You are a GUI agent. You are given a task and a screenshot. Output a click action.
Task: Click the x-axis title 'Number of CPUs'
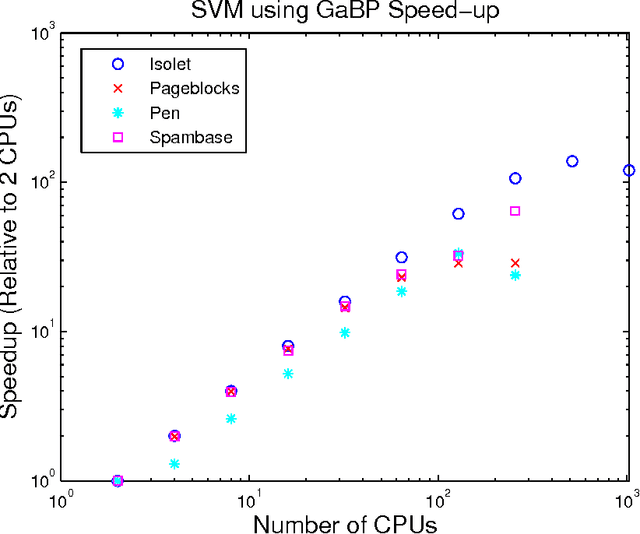pyautogui.click(x=344, y=522)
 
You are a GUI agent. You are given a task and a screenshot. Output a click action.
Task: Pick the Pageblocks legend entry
pyautogui.click(x=165, y=88)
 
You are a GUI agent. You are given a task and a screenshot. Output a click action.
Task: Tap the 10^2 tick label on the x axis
pyautogui.click(x=439, y=498)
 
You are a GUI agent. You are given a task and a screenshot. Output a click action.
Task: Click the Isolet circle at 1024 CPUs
pyautogui.click(x=629, y=171)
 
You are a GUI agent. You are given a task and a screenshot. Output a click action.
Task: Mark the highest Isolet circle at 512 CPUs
pyautogui.click(x=572, y=161)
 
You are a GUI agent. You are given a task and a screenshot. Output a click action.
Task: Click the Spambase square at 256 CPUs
pyautogui.click(x=515, y=211)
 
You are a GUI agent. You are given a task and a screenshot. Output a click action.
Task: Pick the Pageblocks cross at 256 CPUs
pyautogui.click(x=515, y=263)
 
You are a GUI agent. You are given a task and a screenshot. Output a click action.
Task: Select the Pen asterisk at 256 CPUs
pyautogui.click(x=515, y=275)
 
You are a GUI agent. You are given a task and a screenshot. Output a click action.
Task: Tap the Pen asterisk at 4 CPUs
pyautogui.click(x=174, y=464)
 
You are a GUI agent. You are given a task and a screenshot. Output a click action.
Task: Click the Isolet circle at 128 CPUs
pyautogui.click(x=458, y=214)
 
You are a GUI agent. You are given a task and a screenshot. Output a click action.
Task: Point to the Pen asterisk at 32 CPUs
pyautogui.click(x=345, y=333)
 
